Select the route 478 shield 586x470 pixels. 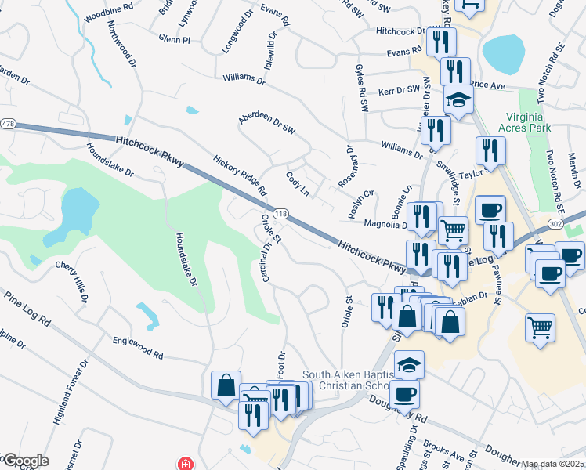click(9, 124)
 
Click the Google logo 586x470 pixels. click(25, 461)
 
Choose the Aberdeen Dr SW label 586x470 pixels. click(266, 124)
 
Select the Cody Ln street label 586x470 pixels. click(298, 186)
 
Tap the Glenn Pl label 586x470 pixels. click(174, 38)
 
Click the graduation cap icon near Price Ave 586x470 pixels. click(458, 99)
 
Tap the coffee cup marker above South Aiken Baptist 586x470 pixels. click(405, 393)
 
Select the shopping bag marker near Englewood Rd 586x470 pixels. click(226, 385)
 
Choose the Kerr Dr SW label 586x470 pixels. click(400, 91)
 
